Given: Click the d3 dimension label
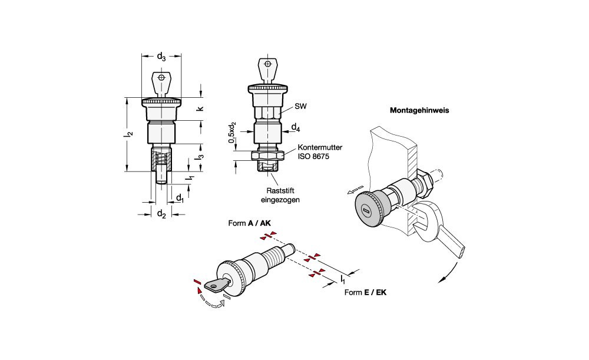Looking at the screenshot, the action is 161,57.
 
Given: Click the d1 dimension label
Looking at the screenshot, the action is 180,197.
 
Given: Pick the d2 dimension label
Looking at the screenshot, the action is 161,214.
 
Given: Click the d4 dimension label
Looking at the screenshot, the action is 296,128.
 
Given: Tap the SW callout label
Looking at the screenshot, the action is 300,106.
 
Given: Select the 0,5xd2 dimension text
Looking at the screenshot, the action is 232,133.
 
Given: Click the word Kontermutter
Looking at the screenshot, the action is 320,147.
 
